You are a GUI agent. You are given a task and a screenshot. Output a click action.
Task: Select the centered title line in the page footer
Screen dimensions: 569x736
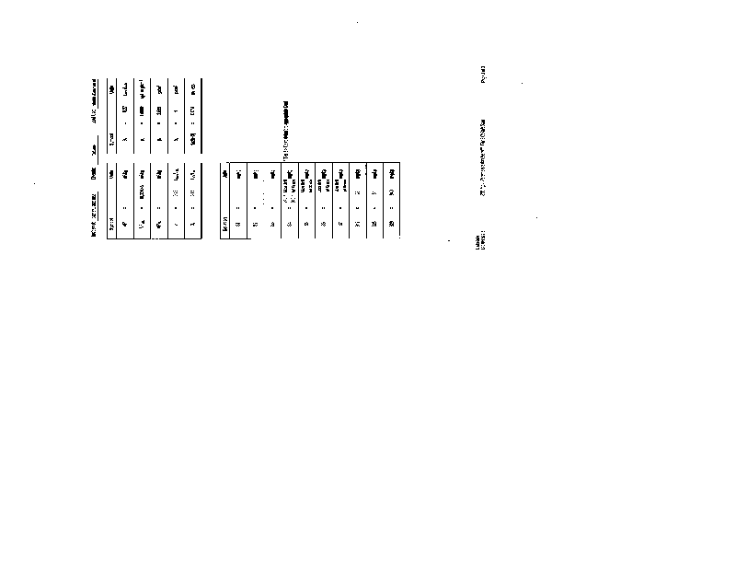482,157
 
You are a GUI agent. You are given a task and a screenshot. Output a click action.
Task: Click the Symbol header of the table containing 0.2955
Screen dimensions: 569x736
112,222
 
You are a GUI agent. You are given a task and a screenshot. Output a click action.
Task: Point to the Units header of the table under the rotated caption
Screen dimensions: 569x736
225,170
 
